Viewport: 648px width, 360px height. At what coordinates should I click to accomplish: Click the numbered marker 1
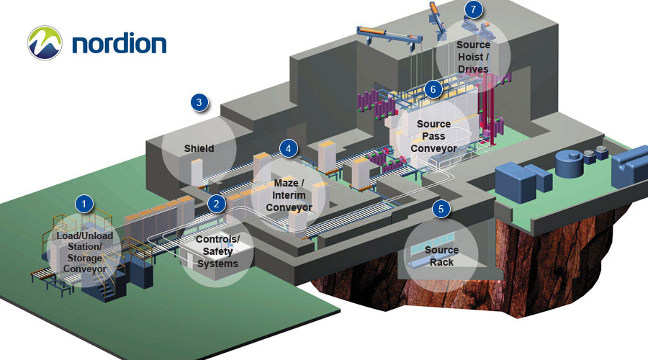(85, 204)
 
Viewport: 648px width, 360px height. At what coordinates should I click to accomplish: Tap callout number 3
(199, 102)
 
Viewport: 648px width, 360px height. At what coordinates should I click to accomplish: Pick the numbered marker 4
(288, 149)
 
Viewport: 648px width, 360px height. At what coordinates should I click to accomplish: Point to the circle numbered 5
(441, 209)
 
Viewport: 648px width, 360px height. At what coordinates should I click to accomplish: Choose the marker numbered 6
(432, 89)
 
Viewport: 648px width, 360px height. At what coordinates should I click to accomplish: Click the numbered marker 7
(472, 10)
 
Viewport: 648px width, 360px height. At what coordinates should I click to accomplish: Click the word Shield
(199, 149)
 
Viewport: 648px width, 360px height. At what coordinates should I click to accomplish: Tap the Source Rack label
(441, 256)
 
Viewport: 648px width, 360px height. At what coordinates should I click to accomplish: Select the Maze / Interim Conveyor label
(289, 195)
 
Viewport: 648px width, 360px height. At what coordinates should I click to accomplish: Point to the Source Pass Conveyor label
(433, 136)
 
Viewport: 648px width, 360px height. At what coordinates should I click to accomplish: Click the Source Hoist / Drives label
(473, 57)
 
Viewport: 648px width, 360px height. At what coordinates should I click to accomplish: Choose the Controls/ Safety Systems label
(218, 251)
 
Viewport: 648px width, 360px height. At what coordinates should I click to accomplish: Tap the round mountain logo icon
(45, 43)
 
